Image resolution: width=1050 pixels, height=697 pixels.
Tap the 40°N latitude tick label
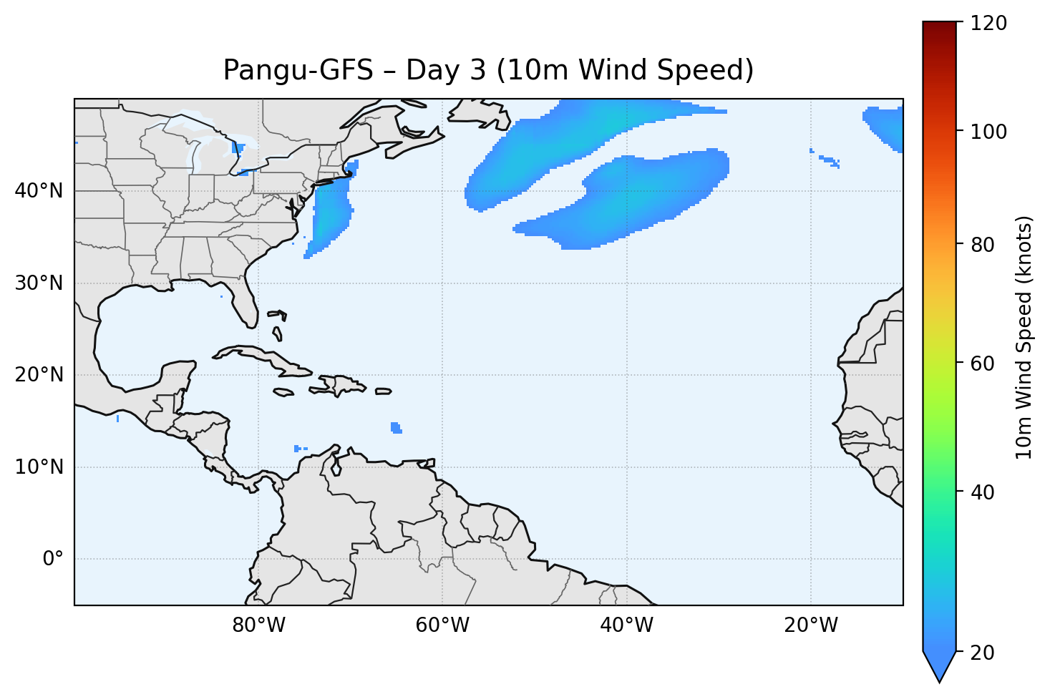[39, 191]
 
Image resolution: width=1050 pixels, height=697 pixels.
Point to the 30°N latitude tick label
[39, 283]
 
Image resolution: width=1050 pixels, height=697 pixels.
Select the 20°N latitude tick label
[39, 375]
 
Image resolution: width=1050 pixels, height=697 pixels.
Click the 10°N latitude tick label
[39, 467]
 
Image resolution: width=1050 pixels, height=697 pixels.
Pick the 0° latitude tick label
[53, 559]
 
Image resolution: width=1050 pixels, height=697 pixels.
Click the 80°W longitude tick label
[258, 625]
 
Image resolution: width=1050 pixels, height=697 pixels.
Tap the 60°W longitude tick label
[442, 625]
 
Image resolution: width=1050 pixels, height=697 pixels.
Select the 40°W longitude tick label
[626, 625]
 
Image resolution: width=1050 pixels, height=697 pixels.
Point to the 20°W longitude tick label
[810, 625]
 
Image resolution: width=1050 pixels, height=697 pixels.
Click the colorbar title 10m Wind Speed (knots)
[1024, 337]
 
